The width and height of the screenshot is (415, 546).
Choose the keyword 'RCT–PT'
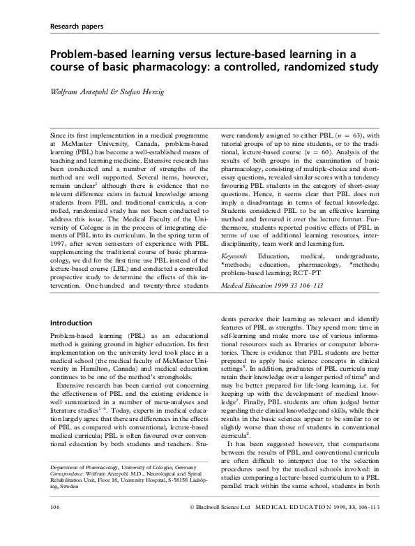pos(337,274)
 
